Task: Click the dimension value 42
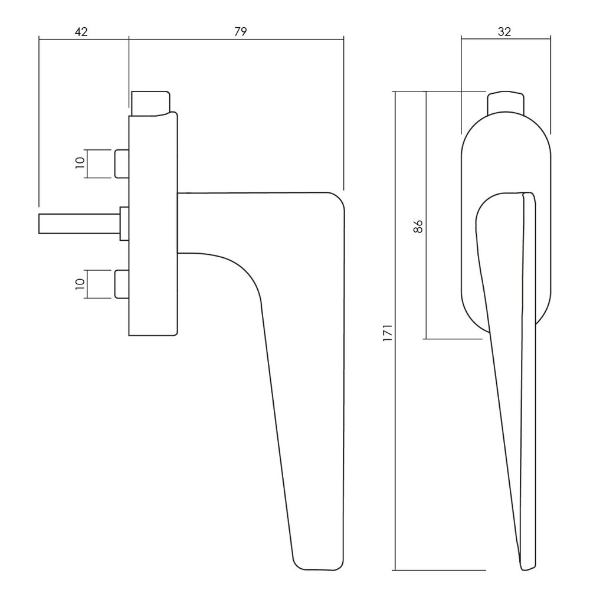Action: click(x=81, y=32)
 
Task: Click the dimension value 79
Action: click(x=240, y=32)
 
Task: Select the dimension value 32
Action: click(x=504, y=32)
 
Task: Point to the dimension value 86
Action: click(x=418, y=227)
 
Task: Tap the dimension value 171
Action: click(x=386, y=333)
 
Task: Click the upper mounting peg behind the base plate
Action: click(x=122, y=163)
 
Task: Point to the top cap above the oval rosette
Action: click(x=505, y=101)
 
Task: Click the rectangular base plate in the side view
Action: click(x=152, y=224)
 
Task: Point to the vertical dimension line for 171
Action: click(x=394, y=413)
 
